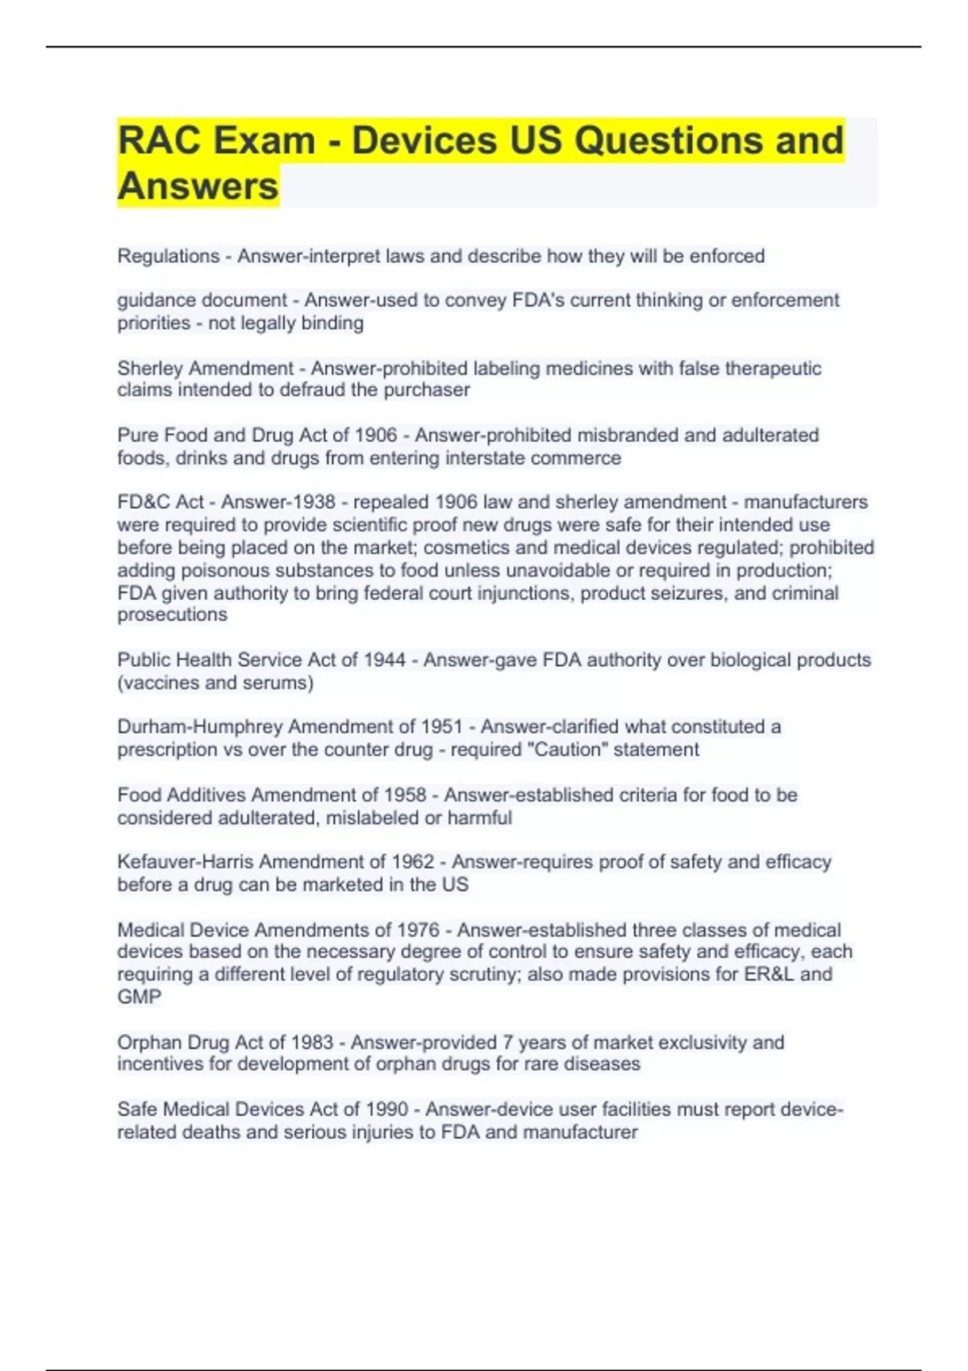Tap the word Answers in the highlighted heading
(x=198, y=186)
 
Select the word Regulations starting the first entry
(x=168, y=256)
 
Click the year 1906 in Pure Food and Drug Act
(x=376, y=435)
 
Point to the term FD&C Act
(x=161, y=502)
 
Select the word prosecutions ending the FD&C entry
(x=172, y=615)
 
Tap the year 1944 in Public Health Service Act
(x=384, y=660)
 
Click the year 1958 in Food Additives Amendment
(x=405, y=794)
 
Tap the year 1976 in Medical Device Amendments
(x=418, y=930)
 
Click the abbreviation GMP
(x=139, y=997)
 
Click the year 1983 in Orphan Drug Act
(x=311, y=1042)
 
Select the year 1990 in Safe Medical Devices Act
(x=386, y=1109)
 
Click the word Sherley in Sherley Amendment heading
(x=149, y=369)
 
